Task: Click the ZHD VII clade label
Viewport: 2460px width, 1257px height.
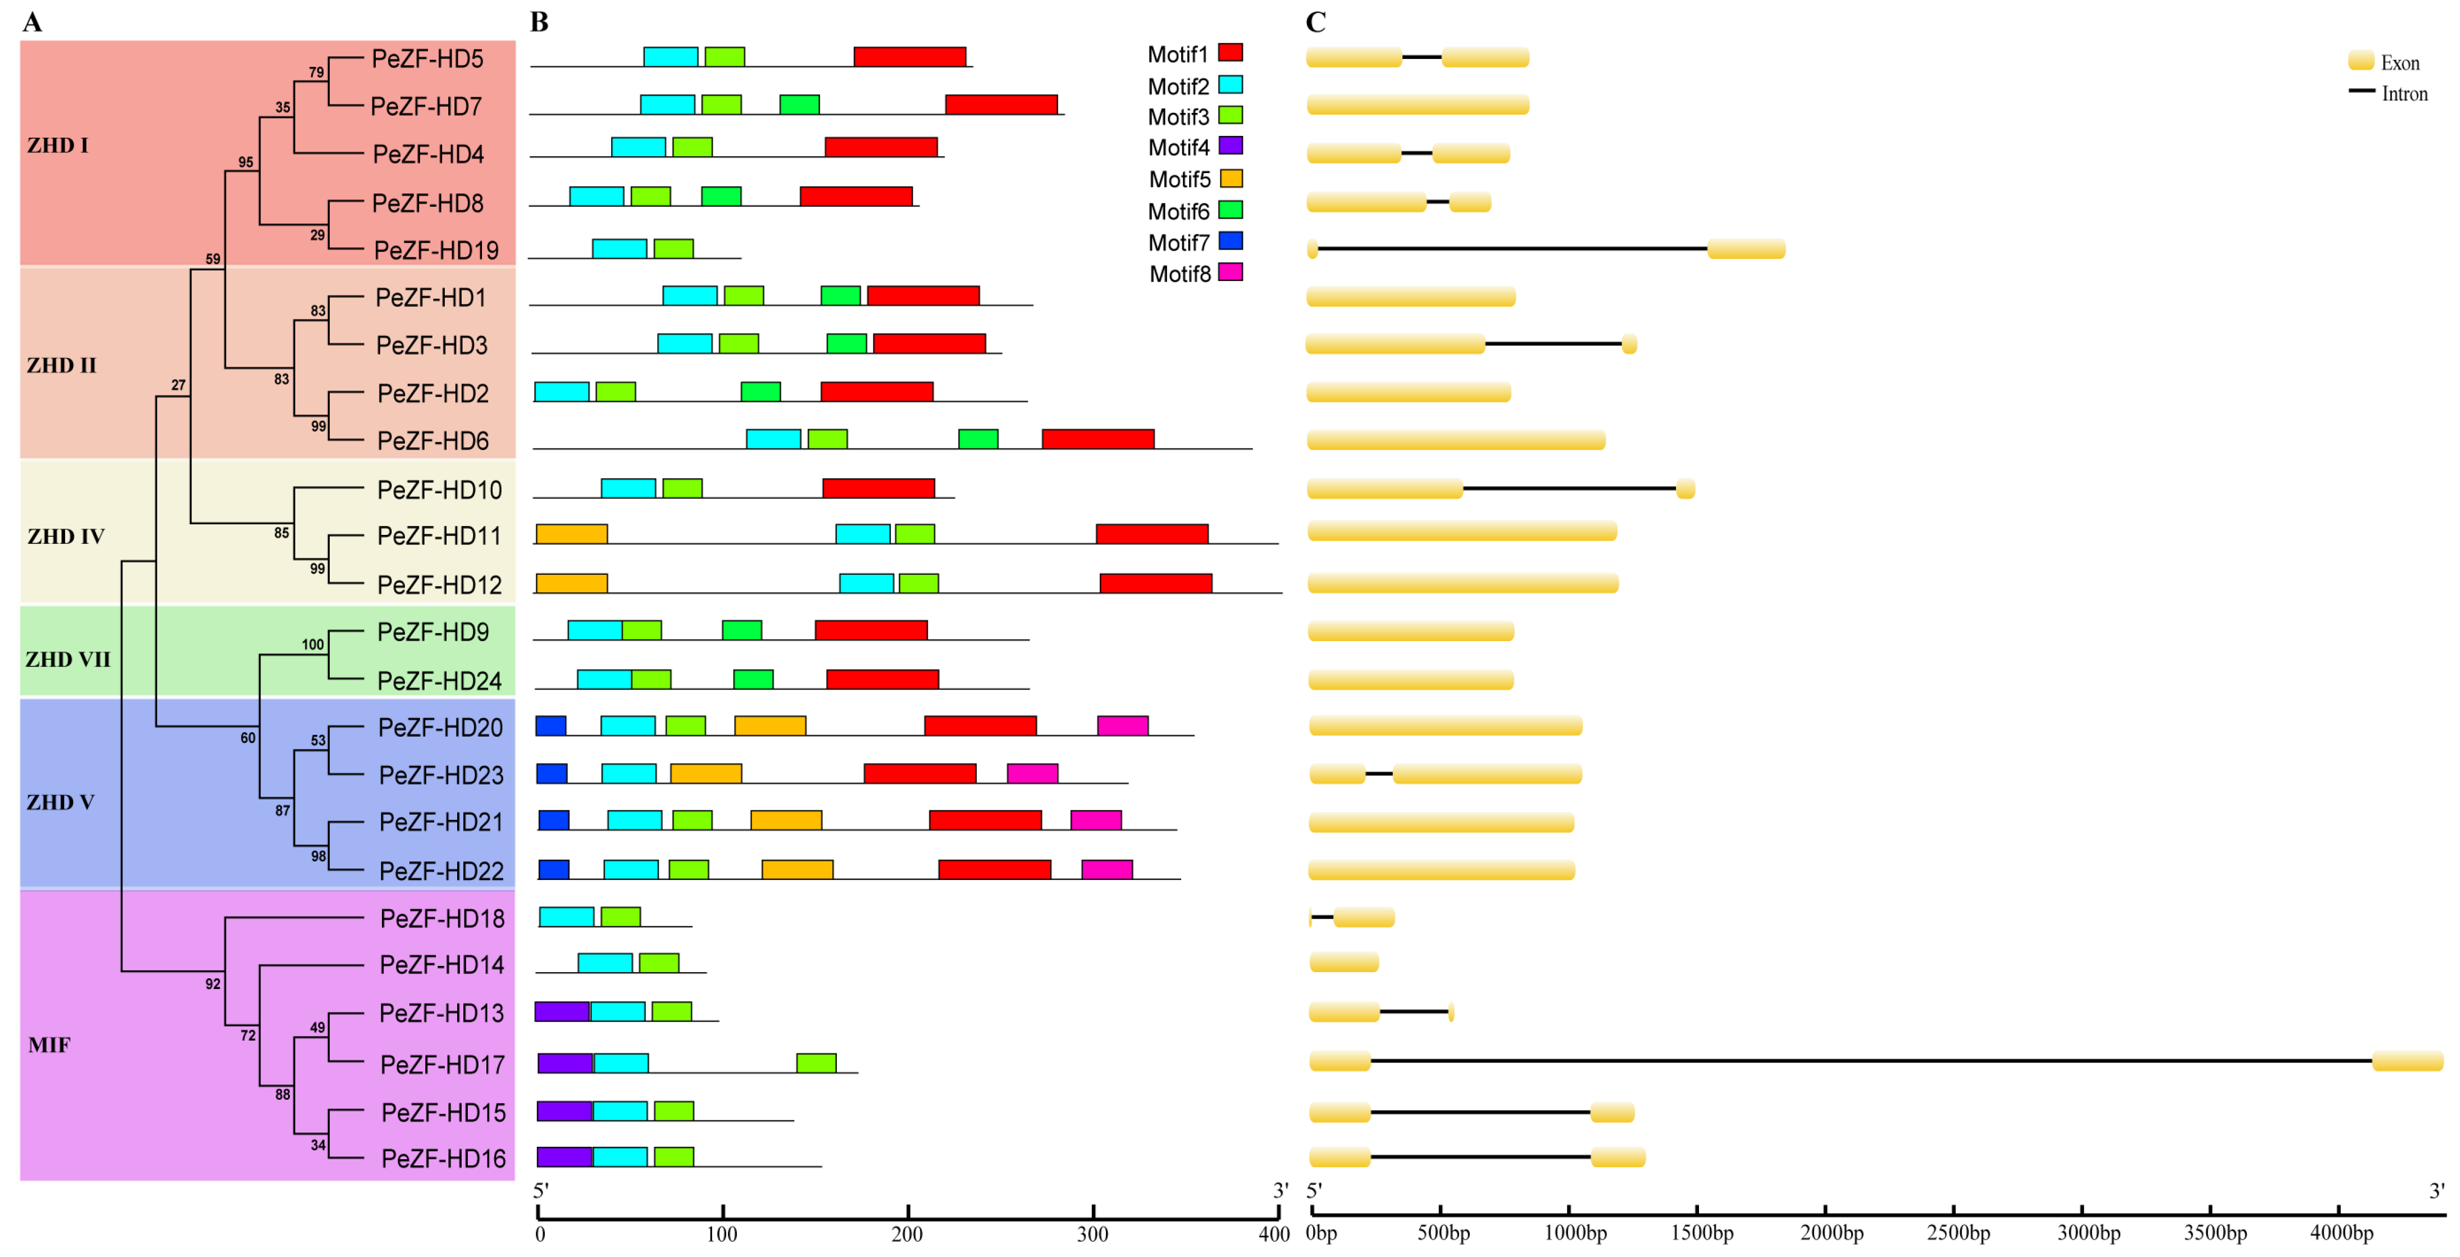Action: pos(68,659)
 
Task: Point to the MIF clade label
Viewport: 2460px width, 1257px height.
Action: pos(49,1045)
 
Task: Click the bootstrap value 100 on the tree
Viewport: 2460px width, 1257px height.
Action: pos(312,645)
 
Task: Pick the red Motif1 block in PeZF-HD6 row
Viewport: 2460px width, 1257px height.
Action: pos(1097,439)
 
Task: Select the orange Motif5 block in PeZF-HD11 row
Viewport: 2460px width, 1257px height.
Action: pos(571,534)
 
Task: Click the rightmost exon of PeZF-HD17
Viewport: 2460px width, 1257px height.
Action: pos(2407,1060)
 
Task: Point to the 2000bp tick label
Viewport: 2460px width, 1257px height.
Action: pos(1830,1233)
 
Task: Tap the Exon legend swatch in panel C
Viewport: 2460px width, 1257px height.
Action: pos(2361,62)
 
